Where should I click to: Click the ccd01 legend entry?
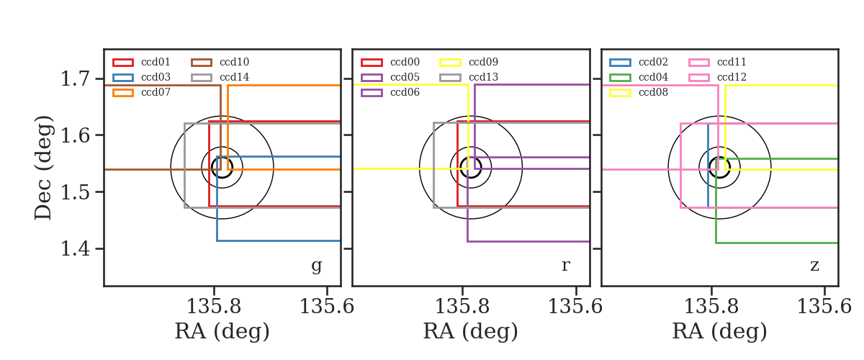point(141,62)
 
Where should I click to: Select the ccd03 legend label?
point(156,77)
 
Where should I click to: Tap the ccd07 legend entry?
point(141,92)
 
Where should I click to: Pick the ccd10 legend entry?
point(220,62)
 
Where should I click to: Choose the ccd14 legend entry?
point(220,77)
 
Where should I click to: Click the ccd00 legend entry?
point(390,62)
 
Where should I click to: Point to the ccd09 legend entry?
point(469,62)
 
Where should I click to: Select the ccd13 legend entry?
point(469,77)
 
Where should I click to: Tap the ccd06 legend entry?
point(390,92)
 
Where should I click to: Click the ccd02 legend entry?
point(639,62)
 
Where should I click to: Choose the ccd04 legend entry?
point(639,77)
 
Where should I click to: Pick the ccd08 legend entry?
point(639,92)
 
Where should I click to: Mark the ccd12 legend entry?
point(717,77)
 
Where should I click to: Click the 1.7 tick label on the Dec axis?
point(76,78)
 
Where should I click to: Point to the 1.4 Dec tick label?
point(76,248)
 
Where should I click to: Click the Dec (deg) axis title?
point(43,168)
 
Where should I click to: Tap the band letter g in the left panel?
point(316,266)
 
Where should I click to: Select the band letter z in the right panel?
point(814,266)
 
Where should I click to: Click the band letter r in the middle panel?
point(565,266)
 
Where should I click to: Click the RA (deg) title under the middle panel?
point(471,331)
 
